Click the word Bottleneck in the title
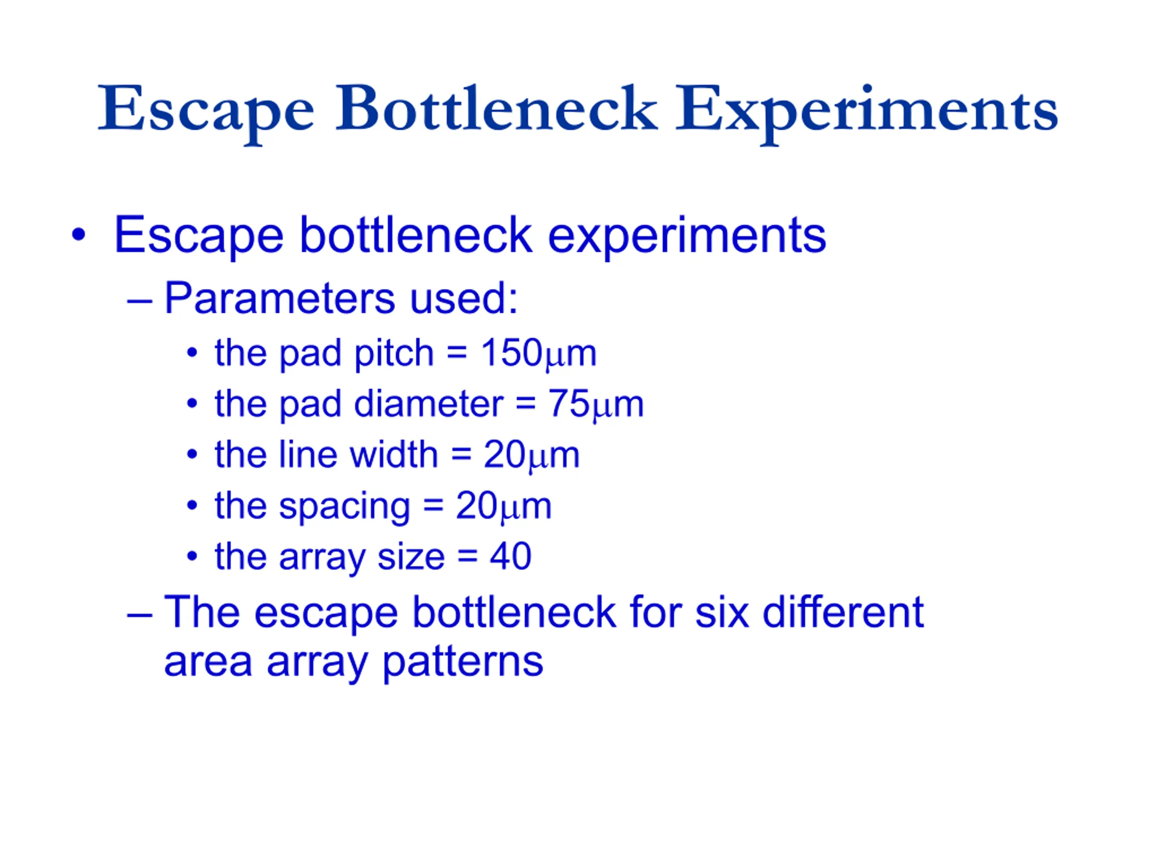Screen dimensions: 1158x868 [496, 108]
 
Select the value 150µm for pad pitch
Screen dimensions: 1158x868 [538, 354]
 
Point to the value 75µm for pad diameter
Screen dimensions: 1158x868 [596, 405]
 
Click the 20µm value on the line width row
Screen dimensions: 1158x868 [532, 455]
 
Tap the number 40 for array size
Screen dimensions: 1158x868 [510, 556]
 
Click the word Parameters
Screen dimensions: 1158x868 [280, 298]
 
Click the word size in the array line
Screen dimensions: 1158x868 [411, 556]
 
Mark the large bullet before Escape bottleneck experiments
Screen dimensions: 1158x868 [79, 234]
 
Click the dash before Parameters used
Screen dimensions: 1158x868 [139, 302]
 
